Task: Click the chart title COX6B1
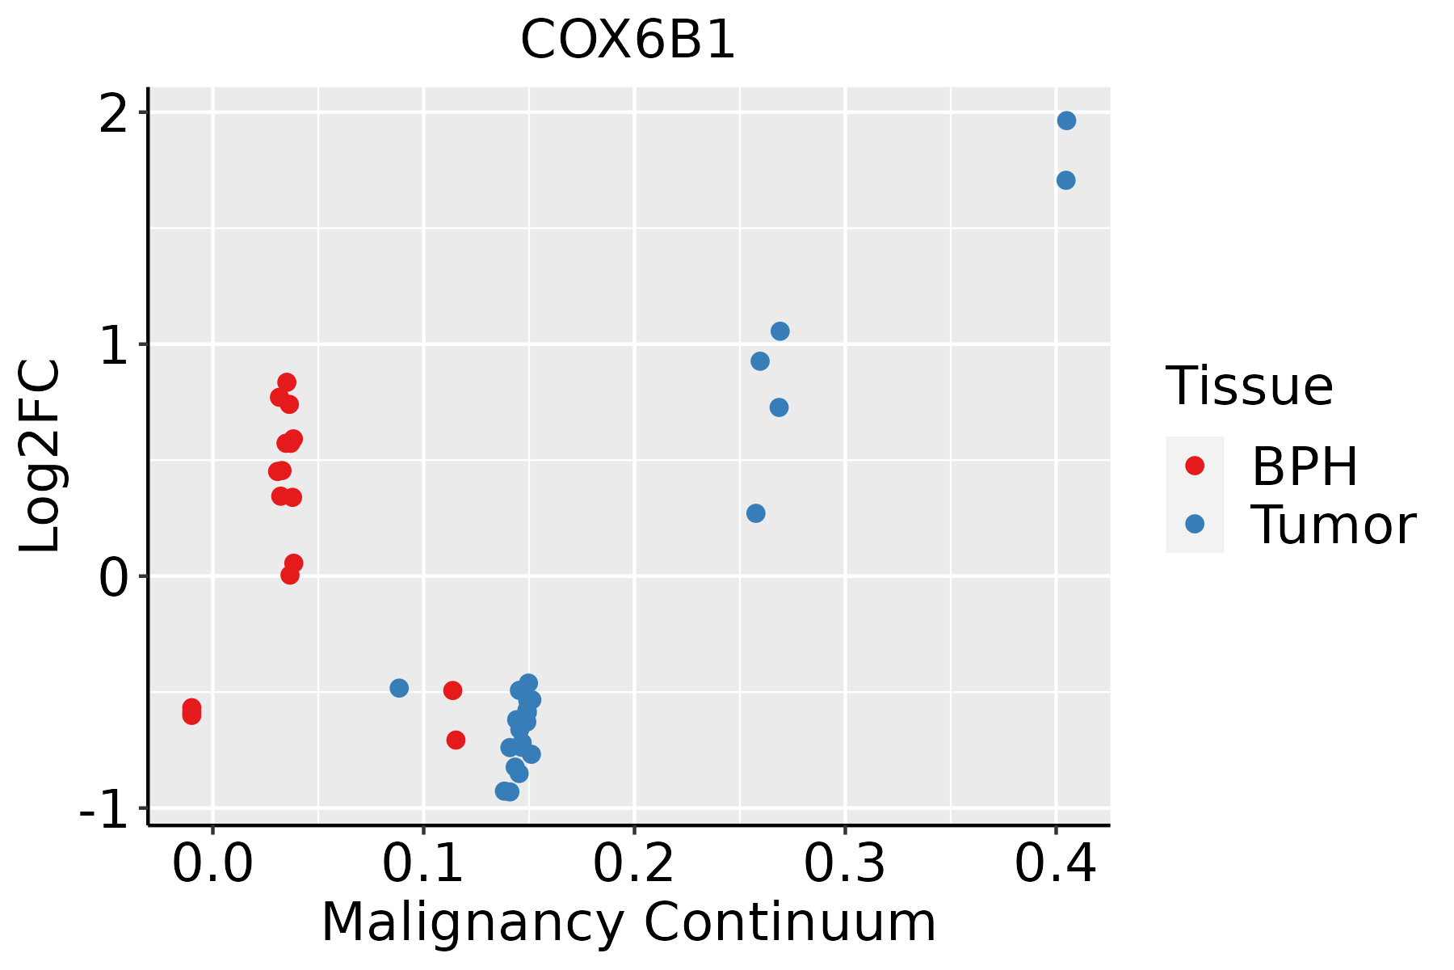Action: [x=628, y=40]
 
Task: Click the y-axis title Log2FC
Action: [x=40, y=455]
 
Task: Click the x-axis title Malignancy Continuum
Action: [x=628, y=922]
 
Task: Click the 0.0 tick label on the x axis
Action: [x=212, y=864]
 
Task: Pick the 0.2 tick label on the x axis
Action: [x=634, y=864]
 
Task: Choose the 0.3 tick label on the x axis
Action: [x=845, y=864]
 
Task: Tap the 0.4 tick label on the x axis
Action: [x=1056, y=864]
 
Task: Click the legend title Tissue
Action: [x=1249, y=386]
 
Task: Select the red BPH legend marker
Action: [x=1194, y=466]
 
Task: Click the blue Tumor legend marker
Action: [x=1194, y=524]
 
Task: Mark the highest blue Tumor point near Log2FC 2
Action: [x=1066, y=120]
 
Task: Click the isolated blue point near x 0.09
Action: [x=399, y=688]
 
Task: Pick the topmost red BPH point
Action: [x=287, y=382]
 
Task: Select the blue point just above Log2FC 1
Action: [x=780, y=331]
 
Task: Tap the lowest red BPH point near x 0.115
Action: [x=456, y=740]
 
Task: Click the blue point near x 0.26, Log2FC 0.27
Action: [x=756, y=513]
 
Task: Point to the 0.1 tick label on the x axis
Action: [x=423, y=864]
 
